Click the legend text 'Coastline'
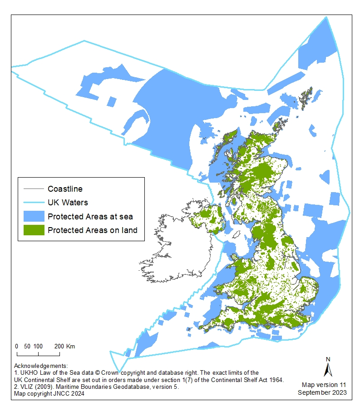coord(65,189)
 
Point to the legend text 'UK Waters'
coord(68,202)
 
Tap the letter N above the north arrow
coord(328,359)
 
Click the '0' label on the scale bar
coord(17,346)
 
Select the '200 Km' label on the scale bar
coord(64,346)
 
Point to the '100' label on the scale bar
coord(38,346)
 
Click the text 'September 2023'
coord(322,392)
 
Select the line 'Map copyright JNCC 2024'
coord(49,393)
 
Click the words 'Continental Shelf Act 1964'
coord(244,380)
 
